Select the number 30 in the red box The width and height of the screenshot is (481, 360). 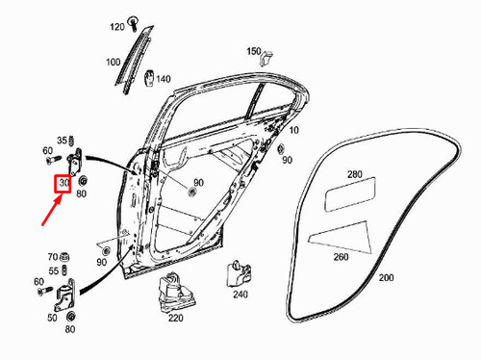pyautogui.click(x=63, y=181)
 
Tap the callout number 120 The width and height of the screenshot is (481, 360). pyautogui.click(x=117, y=26)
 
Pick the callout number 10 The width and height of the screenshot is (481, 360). pyautogui.click(x=292, y=130)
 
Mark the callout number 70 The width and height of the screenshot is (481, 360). pyautogui.click(x=53, y=257)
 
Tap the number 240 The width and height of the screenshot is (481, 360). pyautogui.click(x=240, y=295)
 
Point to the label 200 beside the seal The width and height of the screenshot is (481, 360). pyautogui.click(x=385, y=277)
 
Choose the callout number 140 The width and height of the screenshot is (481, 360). pyautogui.click(x=164, y=79)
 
